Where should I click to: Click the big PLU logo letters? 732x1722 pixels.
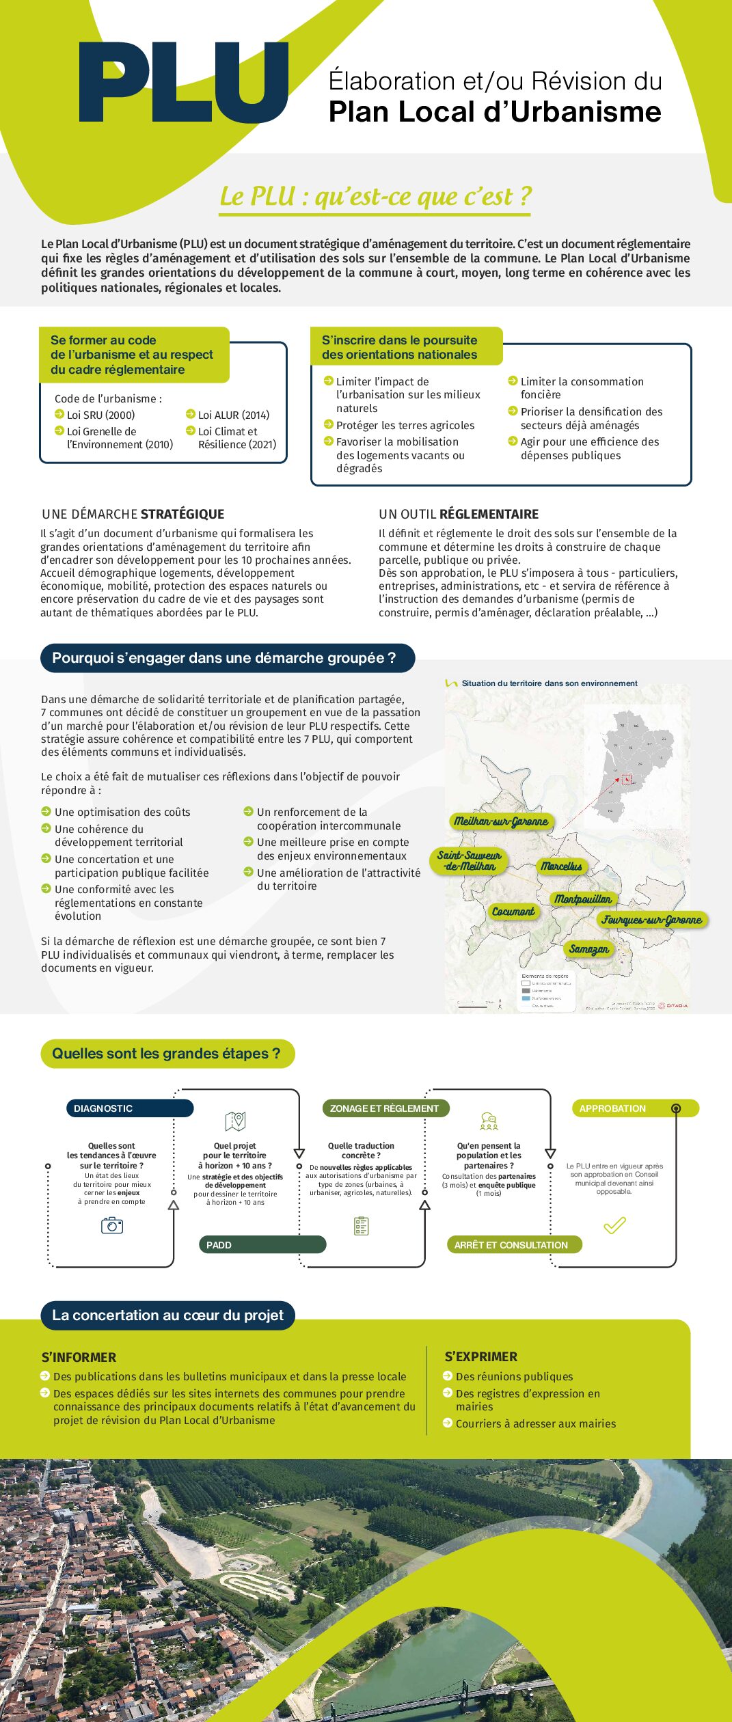tap(183, 83)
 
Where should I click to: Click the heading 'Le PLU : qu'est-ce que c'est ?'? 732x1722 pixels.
tap(375, 196)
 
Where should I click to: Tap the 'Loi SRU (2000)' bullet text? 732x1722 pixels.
tap(100, 415)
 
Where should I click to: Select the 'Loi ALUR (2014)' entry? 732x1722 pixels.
tap(233, 415)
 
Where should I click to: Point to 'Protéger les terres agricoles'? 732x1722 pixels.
tap(405, 425)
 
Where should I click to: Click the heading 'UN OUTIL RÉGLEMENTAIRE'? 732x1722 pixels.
tap(459, 514)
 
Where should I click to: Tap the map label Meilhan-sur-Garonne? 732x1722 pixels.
tap(501, 821)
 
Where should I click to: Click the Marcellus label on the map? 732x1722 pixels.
tap(561, 866)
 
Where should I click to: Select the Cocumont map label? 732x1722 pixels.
tap(513, 912)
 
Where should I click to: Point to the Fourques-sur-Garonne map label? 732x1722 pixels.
tap(651, 920)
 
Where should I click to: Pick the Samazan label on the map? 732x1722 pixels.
tap(588, 949)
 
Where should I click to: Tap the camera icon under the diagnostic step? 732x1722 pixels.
tap(112, 1226)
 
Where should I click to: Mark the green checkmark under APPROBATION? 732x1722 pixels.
tap(614, 1225)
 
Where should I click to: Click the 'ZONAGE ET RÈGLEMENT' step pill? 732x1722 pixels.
tap(385, 1108)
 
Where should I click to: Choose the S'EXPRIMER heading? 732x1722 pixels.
tap(481, 1356)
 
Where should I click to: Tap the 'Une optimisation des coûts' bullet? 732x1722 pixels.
tap(122, 812)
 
